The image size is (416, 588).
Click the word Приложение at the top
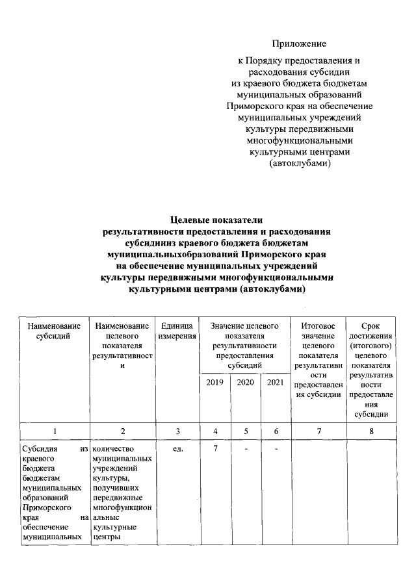tap(299, 44)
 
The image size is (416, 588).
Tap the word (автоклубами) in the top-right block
tap(300, 164)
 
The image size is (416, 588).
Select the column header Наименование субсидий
tap(54, 330)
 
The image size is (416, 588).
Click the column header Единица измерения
tap(177, 330)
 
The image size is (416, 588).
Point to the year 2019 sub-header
tap(214, 383)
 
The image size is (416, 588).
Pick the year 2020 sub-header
tap(245, 383)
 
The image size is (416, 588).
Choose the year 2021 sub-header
tap(276, 383)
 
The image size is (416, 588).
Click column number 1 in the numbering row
tap(54, 430)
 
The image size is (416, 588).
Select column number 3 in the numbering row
tap(177, 430)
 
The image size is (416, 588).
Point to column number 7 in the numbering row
tap(318, 430)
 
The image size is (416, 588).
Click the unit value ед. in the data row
tap(177, 448)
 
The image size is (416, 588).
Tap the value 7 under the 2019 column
tap(214, 448)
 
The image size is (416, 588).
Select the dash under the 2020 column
tap(245, 448)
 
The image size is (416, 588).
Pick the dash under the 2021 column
tap(276, 448)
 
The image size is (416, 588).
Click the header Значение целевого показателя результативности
tap(245, 345)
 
